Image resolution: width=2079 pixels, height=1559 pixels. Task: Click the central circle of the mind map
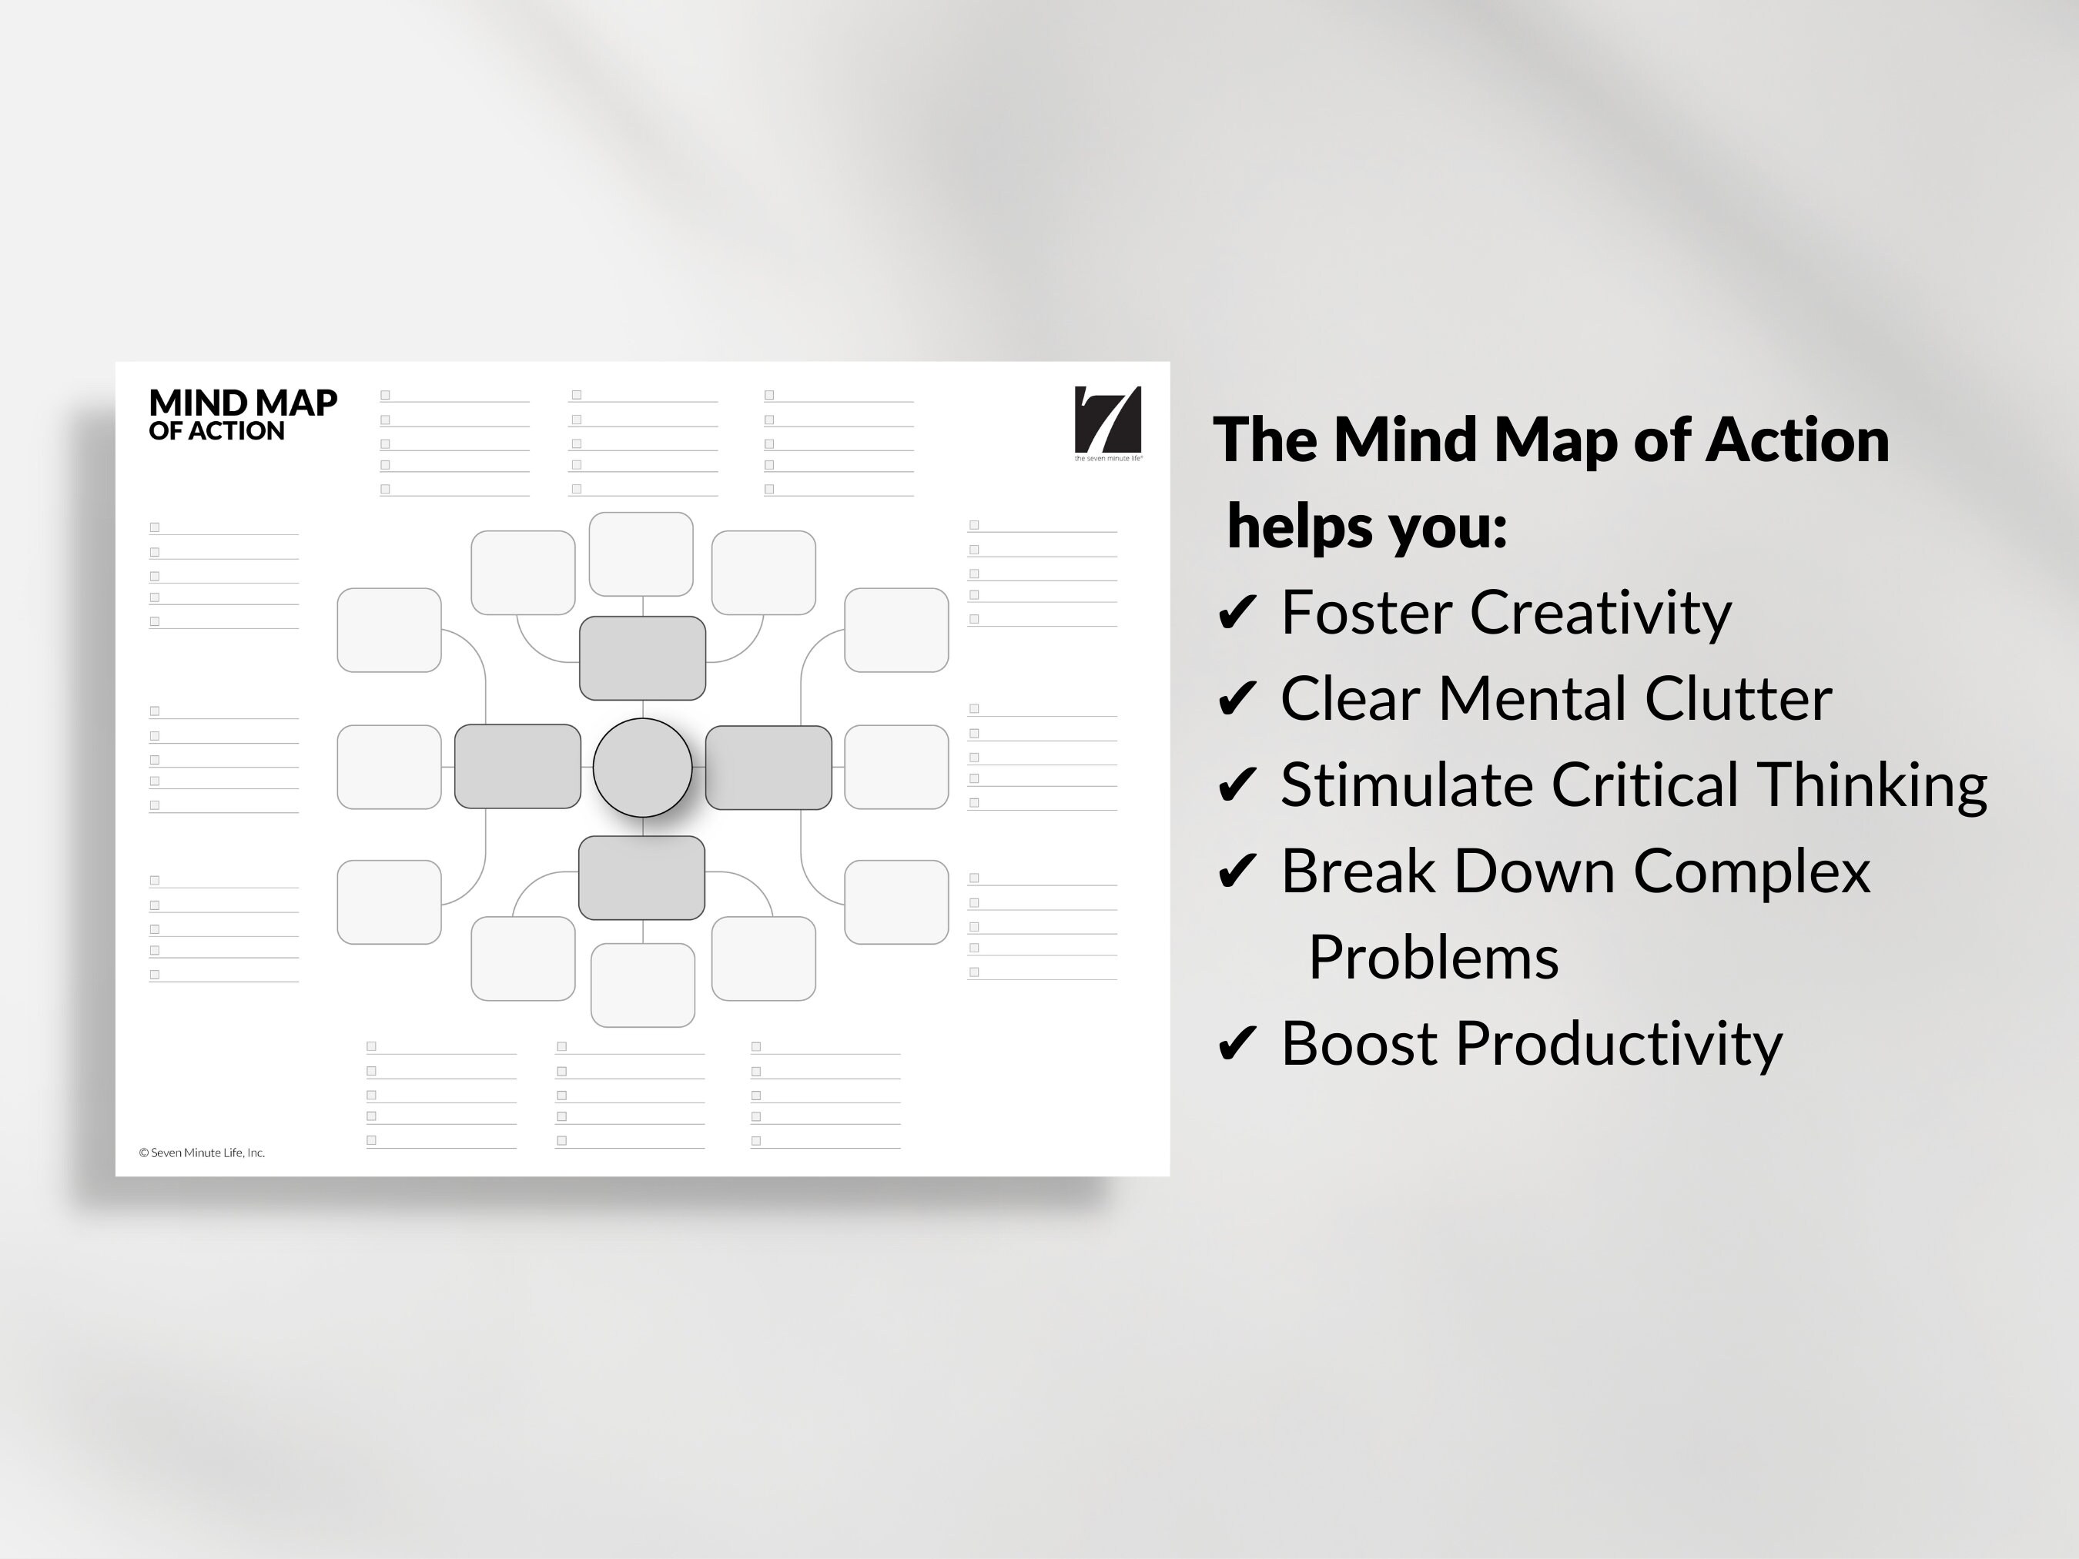(x=642, y=767)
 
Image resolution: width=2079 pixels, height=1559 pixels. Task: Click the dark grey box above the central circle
(x=642, y=657)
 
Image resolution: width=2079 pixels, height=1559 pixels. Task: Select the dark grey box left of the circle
(x=517, y=766)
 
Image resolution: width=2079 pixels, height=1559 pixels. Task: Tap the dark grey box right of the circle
(x=768, y=767)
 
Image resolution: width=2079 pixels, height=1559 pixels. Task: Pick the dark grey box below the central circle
(x=641, y=877)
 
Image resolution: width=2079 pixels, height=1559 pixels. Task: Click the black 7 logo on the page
(x=1107, y=420)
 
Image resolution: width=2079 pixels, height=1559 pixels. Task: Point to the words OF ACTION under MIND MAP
(x=216, y=431)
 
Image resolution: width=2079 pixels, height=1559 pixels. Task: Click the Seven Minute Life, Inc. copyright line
(x=202, y=1152)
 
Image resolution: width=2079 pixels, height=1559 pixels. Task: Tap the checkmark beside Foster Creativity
(x=1236, y=613)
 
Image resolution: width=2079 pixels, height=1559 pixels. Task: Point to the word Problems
(x=1433, y=958)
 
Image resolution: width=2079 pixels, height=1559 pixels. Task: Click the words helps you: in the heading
(x=1367, y=527)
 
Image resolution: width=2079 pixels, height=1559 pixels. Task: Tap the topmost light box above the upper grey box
(x=641, y=554)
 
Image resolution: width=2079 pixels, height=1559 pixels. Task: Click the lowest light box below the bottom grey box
(x=642, y=985)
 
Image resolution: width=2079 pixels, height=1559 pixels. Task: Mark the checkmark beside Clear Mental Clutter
(x=1236, y=699)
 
